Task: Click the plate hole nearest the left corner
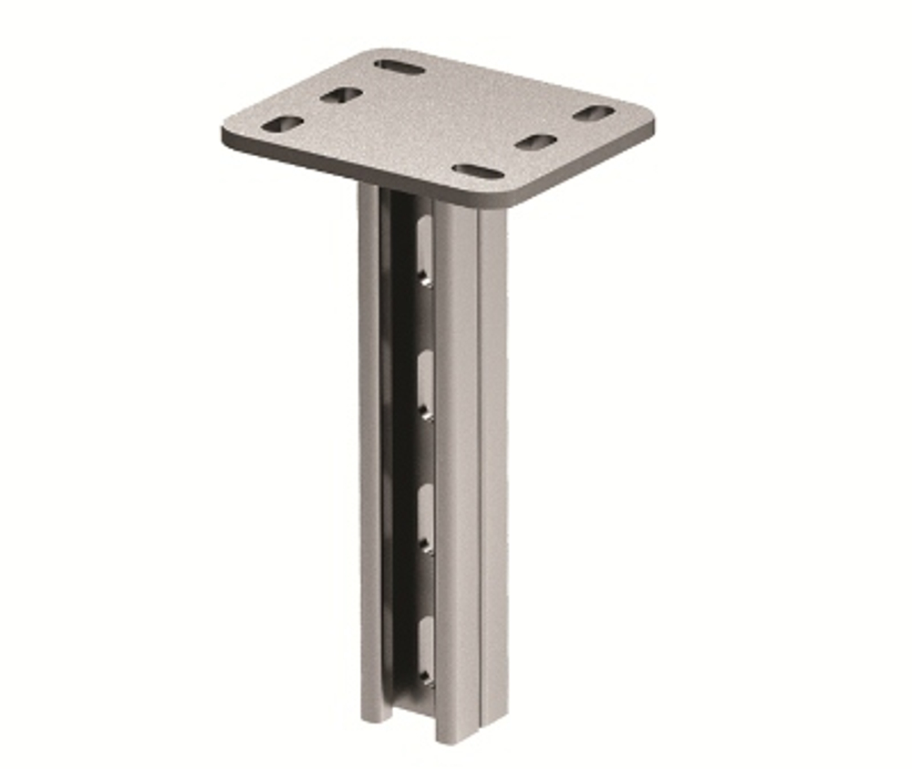pyautogui.click(x=282, y=123)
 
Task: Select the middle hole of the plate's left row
pyautogui.click(x=341, y=95)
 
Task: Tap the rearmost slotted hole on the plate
pyautogui.click(x=399, y=68)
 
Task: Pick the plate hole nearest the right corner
pyautogui.click(x=595, y=113)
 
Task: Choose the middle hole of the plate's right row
pyautogui.click(x=535, y=142)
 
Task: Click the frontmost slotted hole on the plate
pyautogui.click(x=478, y=171)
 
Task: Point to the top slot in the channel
pyautogui.click(x=425, y=246)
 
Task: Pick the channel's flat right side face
pyautogui.click(x=492, y=456)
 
